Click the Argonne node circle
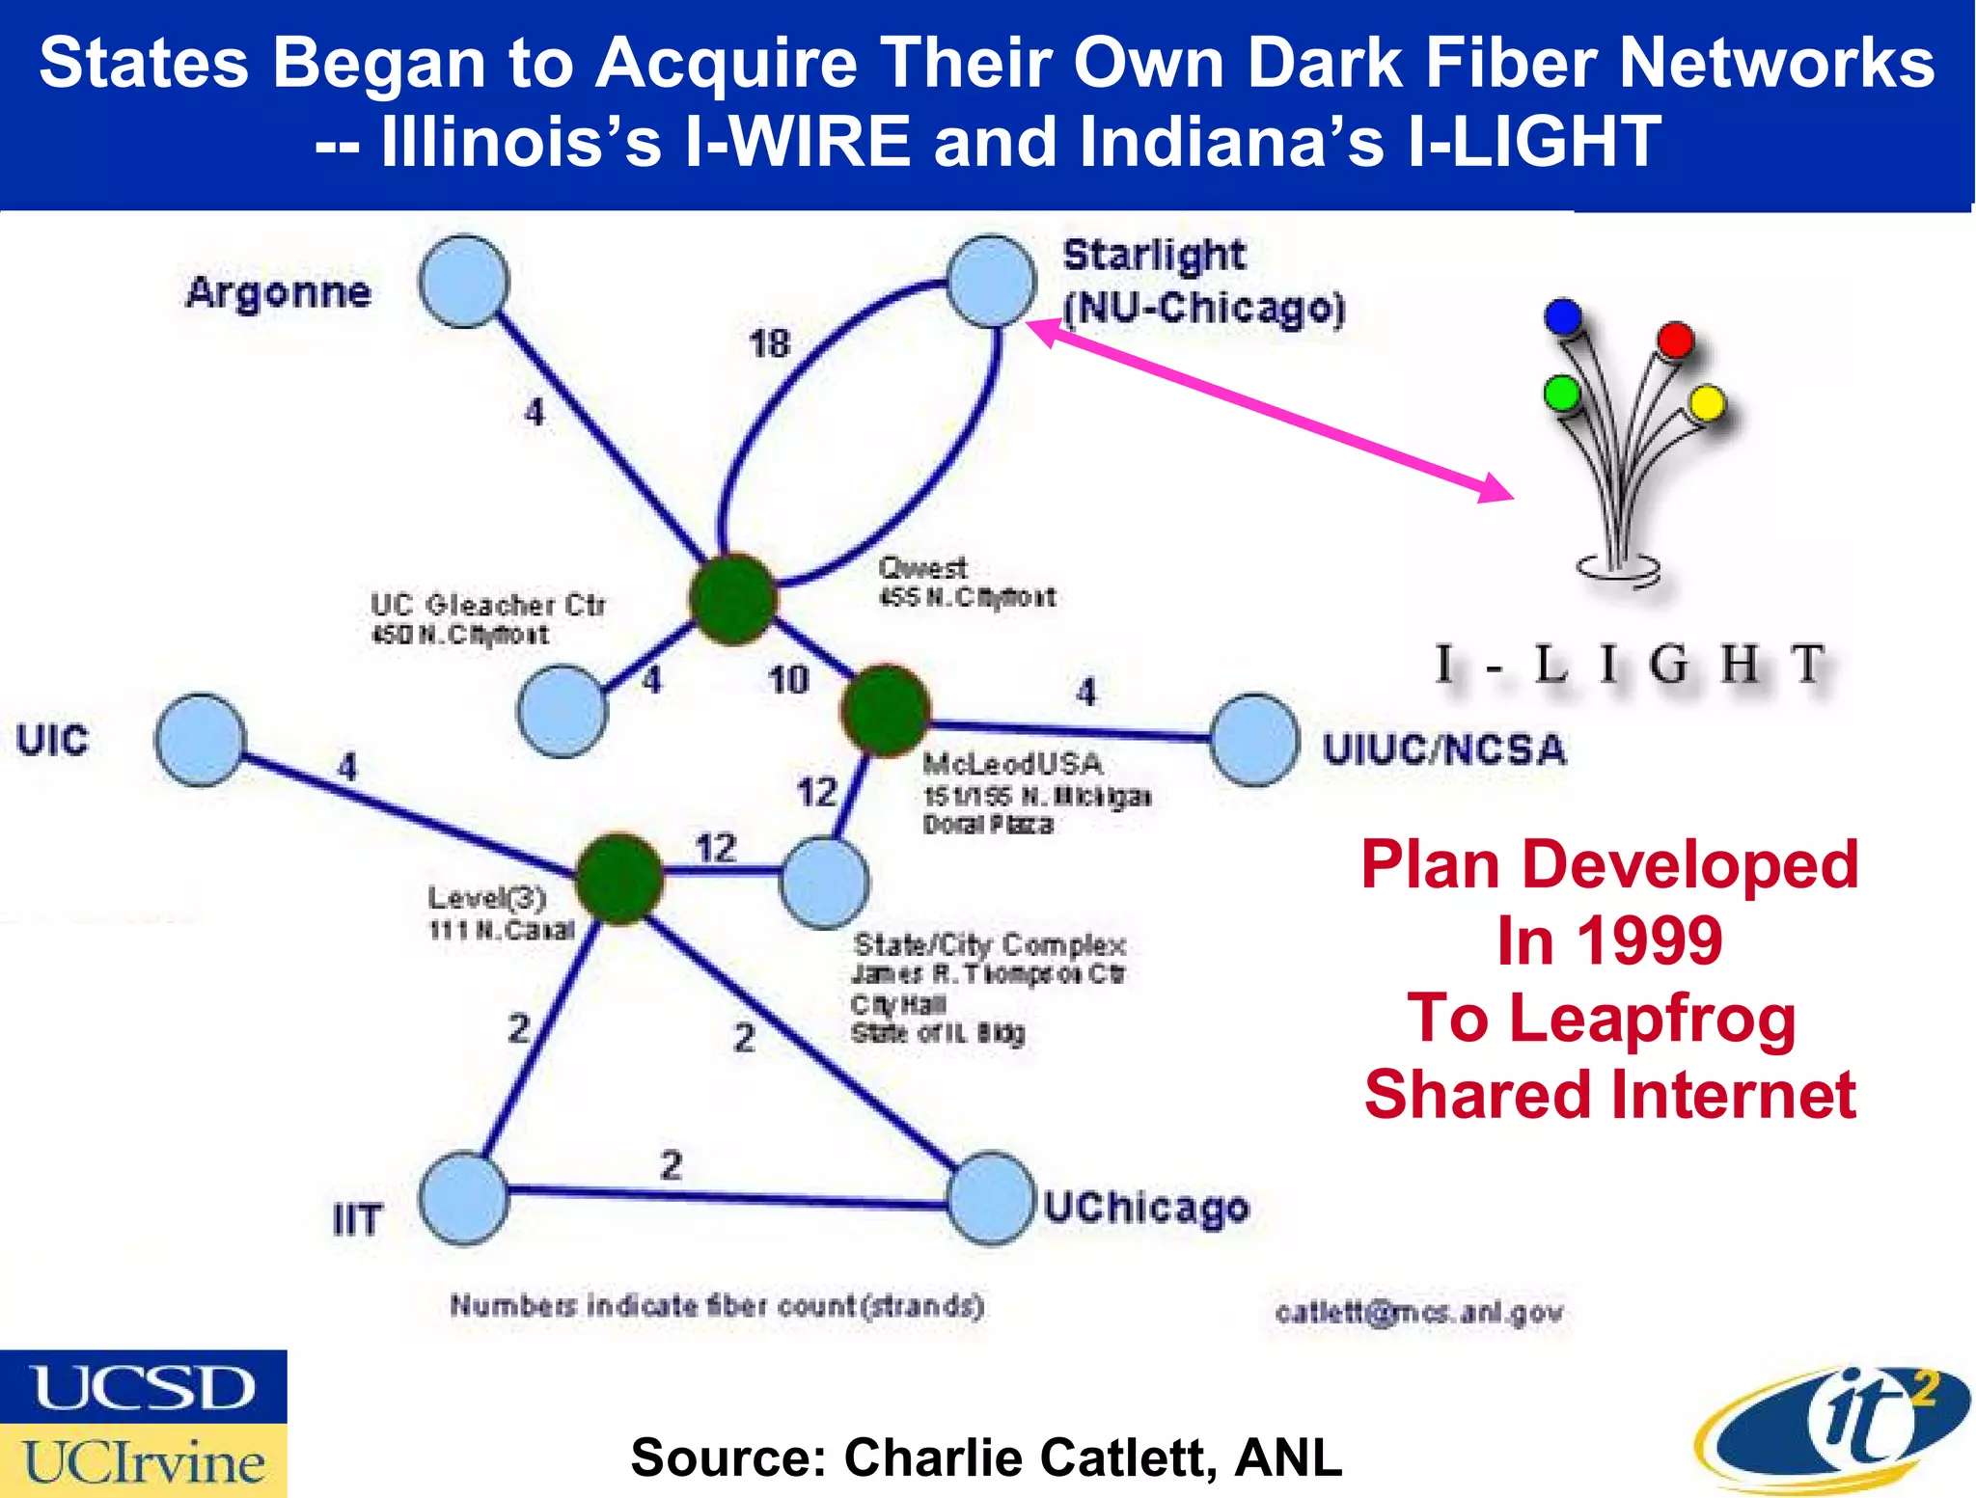pyautogui.click(x=464, y=282)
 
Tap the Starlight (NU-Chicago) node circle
pyautogui.click(x=991, y=281)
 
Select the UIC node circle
pyautogui.click(x=200, y=739)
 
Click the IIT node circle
pyautogui.click(x=464, y=1198)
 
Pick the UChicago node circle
pyautogui.click(x=991, y=1198)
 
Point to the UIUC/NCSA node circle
pyautogui.click(x=1254, y=739)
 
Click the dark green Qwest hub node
pyautogui.click(x=732, y=599)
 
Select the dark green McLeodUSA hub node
pyautogui.click(x=886, y=710)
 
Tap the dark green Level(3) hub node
pyautogui.click(x=619, y=879)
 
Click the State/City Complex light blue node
pyautogui.click(x=824, y=883)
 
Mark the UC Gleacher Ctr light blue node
pyautogui.click(x=563, y=711)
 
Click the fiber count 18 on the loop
pyautogui.click(x=769, y=343)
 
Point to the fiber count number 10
pyautogui.click(x=787, y=680)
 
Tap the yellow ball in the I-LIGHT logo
pyautogui.click(x=1706, y=403)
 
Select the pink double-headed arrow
pyautogui.click(x=1269, y=408)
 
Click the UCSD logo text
pyautogui.click(x=143, y=1387)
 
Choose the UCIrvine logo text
pyautogui.click(x=143, y=1462)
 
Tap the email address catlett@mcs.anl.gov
pyautogui.click(x=1418, y=1313)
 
